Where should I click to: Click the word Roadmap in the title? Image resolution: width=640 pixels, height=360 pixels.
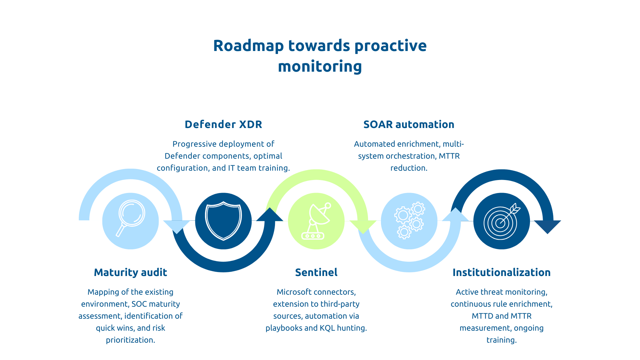point(248,46)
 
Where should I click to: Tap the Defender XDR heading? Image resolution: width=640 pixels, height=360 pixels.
point(223,124)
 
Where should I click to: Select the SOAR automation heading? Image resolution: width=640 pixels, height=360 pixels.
point(409,124)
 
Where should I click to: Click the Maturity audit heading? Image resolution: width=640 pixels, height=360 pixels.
point(130,272)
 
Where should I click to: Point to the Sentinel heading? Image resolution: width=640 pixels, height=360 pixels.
point(316,272)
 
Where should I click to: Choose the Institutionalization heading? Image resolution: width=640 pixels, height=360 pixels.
point(501,272)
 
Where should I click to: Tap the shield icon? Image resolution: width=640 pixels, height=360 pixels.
point(223,221)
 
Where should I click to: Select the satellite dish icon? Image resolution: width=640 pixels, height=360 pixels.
point(316,221)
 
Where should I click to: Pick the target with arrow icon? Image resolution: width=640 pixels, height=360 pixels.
point(501,221)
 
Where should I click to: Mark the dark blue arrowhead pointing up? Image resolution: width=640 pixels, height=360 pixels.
point(270,215)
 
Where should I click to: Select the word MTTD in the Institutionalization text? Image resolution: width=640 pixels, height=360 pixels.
point(482,316)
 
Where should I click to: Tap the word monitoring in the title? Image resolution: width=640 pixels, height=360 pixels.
point(320,66)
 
